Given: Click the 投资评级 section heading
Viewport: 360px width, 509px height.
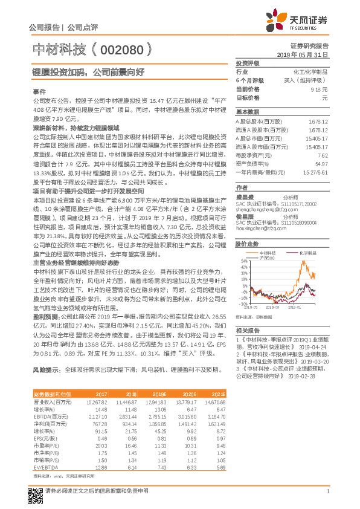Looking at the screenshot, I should tap(247, 63).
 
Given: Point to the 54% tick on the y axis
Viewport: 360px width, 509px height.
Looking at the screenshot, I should tap(245, 261).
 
